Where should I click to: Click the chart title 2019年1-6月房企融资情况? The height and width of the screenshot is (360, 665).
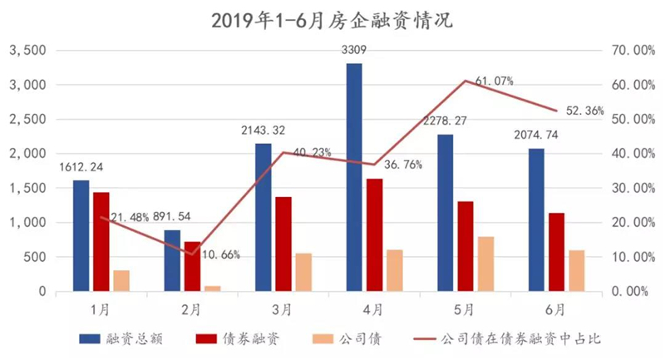click(332, 20)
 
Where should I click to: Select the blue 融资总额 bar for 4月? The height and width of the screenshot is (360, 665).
click(354, 177)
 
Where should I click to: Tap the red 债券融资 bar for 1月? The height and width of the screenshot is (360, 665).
click(101, 242)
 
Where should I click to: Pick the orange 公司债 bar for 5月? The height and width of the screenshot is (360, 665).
click(486, 264)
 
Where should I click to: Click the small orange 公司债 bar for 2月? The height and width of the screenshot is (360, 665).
click(213, 288)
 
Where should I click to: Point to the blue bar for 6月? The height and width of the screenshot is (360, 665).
click(536, 219)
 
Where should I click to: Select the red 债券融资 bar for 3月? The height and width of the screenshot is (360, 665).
click(283, 244)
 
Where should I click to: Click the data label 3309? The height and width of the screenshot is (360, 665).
click(354, 50)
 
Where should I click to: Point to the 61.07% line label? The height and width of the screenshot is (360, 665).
click(494, 81)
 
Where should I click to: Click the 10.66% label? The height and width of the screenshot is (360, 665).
click(221, 255)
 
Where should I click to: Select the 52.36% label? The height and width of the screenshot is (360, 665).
click(585, 111)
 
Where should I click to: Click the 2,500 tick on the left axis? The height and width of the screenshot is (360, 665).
click(28, 119)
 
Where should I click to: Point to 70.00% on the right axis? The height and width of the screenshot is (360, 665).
click(633, 51)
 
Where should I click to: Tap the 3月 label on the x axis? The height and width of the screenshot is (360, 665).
click(282, 310)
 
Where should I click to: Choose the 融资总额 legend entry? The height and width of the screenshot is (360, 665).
click(121, 338)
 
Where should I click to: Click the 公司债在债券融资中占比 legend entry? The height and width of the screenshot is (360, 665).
click(507, 338)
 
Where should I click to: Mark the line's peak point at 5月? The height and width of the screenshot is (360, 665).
click(465, 80)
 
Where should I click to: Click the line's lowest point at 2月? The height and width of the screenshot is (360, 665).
click(192, 254)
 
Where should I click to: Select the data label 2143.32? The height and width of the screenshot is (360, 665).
click(264, 131)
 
